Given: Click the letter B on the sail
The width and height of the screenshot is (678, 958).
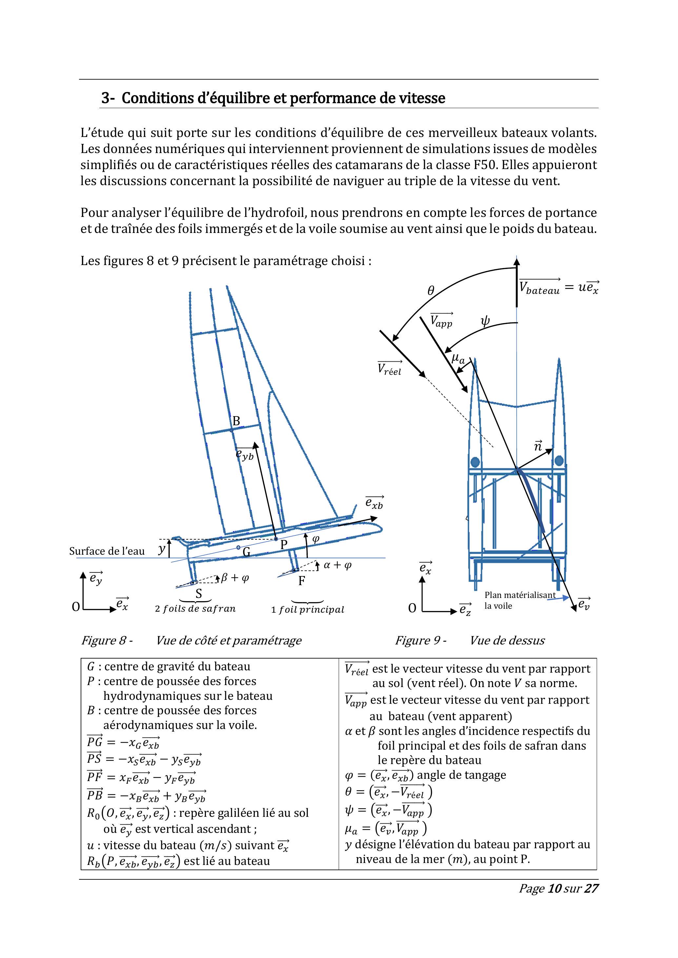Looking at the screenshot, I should coord(236,421).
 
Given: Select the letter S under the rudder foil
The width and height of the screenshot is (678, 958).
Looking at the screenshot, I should coord(199,593).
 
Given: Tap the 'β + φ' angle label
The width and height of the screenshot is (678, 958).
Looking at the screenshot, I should coord(234,578).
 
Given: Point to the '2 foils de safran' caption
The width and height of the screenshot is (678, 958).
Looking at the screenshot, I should coord(195,609).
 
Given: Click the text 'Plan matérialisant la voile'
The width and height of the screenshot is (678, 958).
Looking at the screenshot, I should coord(520,601).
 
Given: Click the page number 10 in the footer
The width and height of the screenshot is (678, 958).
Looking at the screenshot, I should coord(554,900).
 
